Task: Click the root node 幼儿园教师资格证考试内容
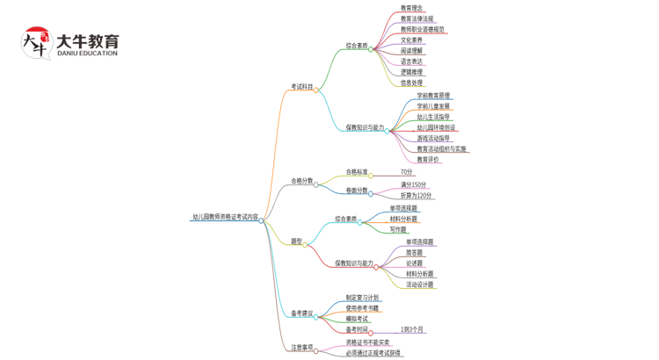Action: (226, 217)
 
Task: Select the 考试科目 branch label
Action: (301, 87)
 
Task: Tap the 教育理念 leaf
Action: (411, 8)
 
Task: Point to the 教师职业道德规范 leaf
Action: (423, 29)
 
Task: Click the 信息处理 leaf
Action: (411, 83)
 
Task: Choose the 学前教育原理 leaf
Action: (433, 96)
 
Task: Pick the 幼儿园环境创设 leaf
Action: (436, 127)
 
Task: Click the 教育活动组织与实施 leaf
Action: (441, 149)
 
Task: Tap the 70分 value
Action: (406, 172)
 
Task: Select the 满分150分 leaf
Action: (413, 185)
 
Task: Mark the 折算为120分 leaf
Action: (416, 196)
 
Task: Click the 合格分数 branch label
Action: (301, 181)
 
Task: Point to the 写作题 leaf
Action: (398, 230)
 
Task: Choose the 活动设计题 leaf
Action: (419, 284)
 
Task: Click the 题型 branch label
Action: (296, 241)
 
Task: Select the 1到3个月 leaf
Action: (412, 329)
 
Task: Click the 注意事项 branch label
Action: (301, 348)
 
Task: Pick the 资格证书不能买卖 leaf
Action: (367, 342)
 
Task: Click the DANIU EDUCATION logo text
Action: (86, 54)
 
